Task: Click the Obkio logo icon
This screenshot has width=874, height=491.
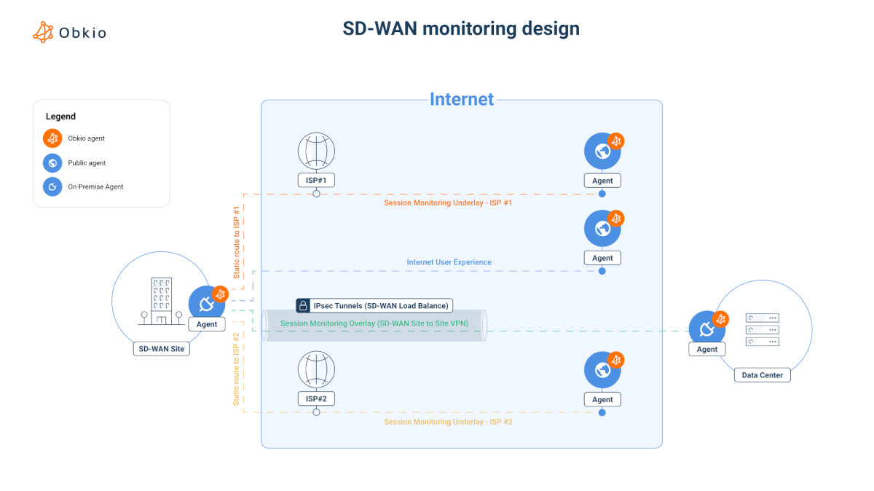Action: coord(44,32)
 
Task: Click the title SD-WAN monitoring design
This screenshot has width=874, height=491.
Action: coord(461,28)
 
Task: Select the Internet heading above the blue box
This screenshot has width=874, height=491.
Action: coord(462,99)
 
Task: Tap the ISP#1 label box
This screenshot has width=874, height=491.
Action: coord(316,180)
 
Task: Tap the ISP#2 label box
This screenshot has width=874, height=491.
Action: coord(316,398)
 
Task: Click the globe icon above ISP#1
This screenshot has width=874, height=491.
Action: coord(316,151)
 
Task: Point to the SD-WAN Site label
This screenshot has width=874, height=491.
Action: coord(162,349)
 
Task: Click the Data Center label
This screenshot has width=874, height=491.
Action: coord(762,375)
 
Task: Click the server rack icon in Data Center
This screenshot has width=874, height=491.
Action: coord(763,329)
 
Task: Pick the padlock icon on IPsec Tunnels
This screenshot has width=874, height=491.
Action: coord(303,305)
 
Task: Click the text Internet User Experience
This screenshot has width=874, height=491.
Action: coord(449,262)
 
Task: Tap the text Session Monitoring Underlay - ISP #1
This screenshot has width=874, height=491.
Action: coord(448,203)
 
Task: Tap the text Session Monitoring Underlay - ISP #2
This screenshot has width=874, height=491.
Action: coord(448,422)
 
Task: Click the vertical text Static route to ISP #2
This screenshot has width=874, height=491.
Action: coord(236,369)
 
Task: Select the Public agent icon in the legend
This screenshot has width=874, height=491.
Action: coord(52,162)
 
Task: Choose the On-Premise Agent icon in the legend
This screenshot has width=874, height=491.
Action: coord(52,186)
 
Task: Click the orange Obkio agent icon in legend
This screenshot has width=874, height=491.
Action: coord(52,138)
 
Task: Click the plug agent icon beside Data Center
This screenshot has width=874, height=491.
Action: coord(706,329)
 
